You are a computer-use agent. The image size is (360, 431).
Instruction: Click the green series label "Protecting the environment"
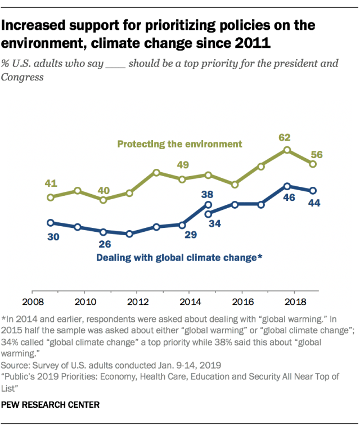[179, 143]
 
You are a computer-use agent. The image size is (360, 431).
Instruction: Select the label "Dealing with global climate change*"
[179, 258]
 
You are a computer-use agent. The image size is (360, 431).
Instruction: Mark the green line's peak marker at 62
[287, 150]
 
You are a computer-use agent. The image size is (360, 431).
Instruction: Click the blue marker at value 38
[208, 205]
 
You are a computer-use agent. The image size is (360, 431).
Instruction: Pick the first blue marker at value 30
[51, 223]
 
